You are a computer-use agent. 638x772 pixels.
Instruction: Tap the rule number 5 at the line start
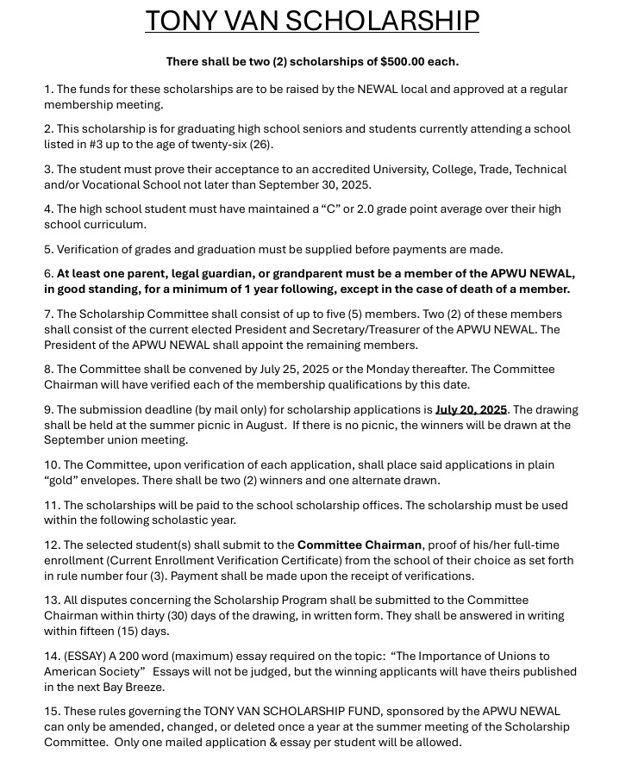pos(48,250)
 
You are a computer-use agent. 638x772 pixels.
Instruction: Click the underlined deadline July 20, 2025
pos(471,410)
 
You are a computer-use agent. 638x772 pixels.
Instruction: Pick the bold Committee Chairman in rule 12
pos(360,545)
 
